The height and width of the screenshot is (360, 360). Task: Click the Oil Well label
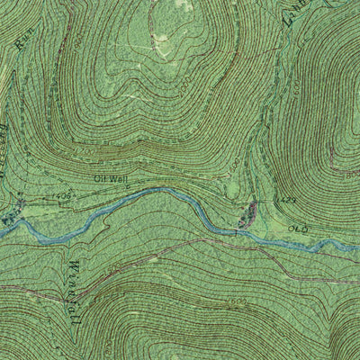112,179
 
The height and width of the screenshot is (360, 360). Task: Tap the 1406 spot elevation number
61,193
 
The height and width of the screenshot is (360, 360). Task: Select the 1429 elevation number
263,200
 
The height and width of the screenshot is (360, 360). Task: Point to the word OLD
298,229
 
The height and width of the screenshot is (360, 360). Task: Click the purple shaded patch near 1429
248,213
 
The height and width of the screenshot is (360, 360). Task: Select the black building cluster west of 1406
36,201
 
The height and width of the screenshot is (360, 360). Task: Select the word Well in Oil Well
121,179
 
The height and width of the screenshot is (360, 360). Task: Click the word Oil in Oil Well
102,179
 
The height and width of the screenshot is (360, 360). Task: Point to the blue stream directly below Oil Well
112,200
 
